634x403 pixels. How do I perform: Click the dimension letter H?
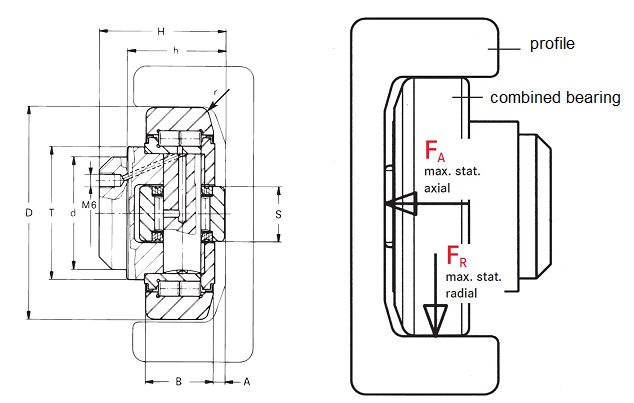(161, 31)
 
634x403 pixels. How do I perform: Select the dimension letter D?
(29, 214)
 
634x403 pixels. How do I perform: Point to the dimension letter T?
(51, 214)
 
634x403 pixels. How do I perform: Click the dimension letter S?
(279, 214)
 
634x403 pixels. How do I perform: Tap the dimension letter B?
(178, 380)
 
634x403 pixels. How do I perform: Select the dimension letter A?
(246, 380)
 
